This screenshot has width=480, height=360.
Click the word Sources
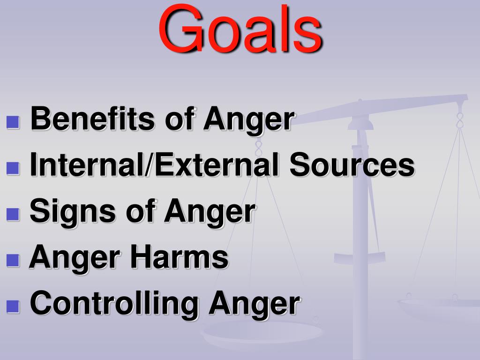coord(352,165)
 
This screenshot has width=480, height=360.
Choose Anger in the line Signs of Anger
coord(209,212)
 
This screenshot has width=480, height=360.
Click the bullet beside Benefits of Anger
coord(14,123)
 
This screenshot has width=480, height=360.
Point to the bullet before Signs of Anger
coord(14,215)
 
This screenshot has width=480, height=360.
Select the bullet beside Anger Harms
coord(14,261)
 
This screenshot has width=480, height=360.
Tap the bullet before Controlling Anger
coord(14,307)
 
